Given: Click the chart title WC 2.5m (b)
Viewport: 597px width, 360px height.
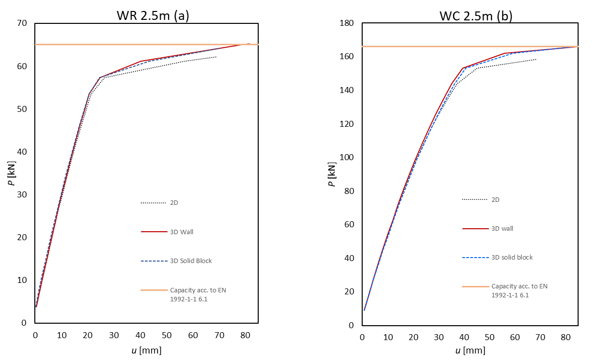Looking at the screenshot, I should [x=476, y=16].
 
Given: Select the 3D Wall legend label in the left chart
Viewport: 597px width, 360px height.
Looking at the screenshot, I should [x=185, y=232].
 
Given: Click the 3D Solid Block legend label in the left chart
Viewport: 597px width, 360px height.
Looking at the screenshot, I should [x=191, y=261].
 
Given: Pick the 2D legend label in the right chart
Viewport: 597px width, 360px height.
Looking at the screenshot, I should [x=496, y=200].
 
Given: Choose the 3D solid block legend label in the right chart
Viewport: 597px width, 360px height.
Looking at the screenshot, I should [x=512, y=258].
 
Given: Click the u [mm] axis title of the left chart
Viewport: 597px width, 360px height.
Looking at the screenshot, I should [x=146, y=351].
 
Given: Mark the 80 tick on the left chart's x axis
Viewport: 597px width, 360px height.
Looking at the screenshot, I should [x=245, y=335].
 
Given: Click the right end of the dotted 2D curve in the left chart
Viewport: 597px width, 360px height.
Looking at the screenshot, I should [x=216, y=57].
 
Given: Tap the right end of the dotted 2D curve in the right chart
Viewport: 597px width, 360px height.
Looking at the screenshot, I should [x=536, y=60].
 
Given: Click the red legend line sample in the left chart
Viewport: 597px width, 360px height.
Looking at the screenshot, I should [x=153, y=232].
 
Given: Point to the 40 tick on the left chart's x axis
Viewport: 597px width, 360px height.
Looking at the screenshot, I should [x=140, y=335].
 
